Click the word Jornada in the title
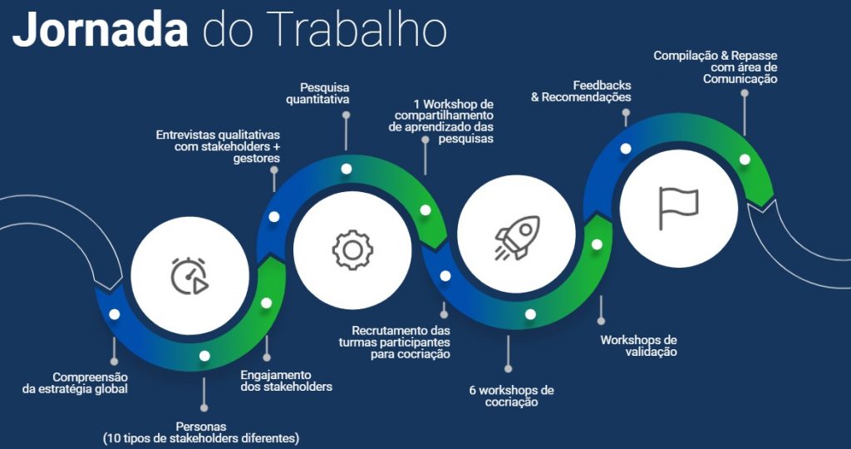click(x=101, y=29)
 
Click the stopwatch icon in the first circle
click(x=189, y=276)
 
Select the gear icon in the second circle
click(x=352, y=249)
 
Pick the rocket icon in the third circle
click(x=517, y=237)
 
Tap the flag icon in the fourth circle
click(x=678, y=208)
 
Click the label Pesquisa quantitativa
click(x=318, y=93)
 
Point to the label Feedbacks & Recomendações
click(x=581, y=91)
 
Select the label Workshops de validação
click(x=639, y=346)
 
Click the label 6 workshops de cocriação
click(x=511, y=397)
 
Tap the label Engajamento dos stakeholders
click(x=286, y=381)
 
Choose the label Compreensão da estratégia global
click(x=75, y=382)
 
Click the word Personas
click(x=201, y=427)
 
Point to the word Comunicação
click(x=740, y=79)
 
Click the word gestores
click(x=257, y=159)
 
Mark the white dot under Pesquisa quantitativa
click(x=347, y=169)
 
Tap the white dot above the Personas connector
click(x=204, y=356)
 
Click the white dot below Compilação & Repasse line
click(x=745, y=160)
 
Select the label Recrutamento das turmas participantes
click(x=395, y=342)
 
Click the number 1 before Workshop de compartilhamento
click(x=416, y=104)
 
